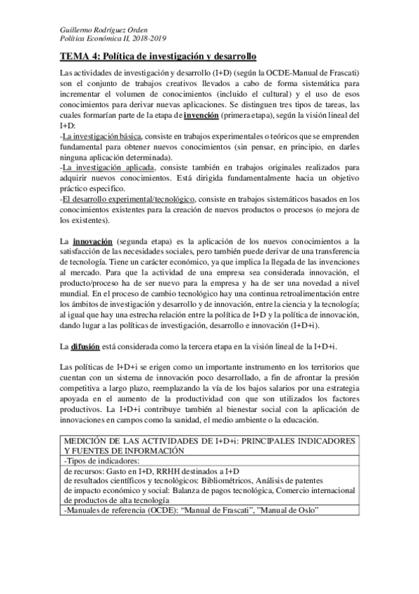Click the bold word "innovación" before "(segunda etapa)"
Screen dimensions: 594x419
93,241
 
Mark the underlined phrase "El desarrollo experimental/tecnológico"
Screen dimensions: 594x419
128,198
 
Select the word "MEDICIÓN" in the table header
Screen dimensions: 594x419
87,441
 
